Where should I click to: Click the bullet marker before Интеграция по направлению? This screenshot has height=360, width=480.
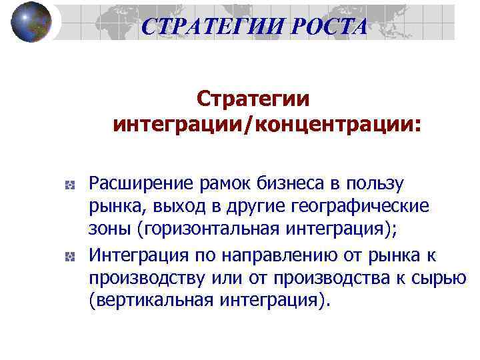coord(69,256)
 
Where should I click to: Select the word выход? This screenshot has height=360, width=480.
coord(163,207)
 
